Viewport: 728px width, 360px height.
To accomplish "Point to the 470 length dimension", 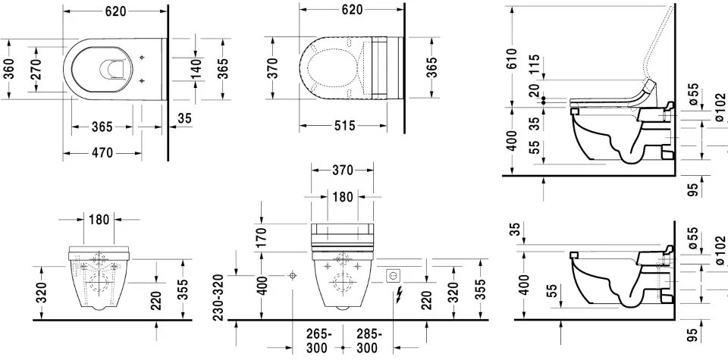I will [x=102, y=153].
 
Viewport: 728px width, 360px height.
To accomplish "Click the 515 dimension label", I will [x=344, y=126].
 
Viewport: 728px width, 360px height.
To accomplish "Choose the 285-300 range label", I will [x=369, y=341].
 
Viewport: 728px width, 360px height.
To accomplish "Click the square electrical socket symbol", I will [x=394, y=276].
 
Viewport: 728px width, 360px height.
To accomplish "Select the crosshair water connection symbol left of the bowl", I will [x=292, y=277].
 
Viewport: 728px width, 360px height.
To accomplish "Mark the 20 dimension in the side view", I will [x=535, y=90].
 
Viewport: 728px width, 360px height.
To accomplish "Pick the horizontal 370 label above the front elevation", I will [x=341, y=171].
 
